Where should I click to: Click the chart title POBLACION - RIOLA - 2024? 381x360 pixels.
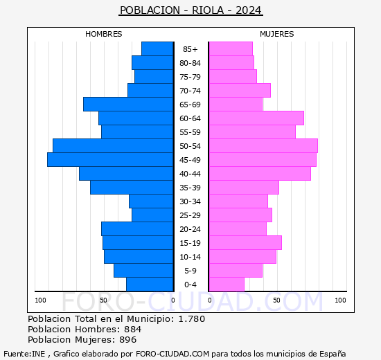pyautogui.click(x=190, y=10)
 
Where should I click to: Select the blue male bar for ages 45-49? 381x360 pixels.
pyautogui.click(x=110, y=159)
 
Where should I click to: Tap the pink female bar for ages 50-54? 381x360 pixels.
pyautogui.click(x=263, y=145)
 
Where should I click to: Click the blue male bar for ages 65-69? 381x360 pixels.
pyautogui.click(x=128, y=104)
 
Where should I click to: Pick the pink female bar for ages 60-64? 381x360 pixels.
pyautogui.click(x=256, y=118)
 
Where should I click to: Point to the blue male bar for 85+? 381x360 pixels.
pyautogui.click(x=157, y=48)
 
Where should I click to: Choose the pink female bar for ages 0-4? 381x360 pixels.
pyautogui.click(x=226, y=284)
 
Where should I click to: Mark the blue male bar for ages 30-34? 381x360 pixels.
pyautogui.click(x=151, y=201)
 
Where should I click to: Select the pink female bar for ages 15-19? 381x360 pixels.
pyautogui.click(x=245, y=242)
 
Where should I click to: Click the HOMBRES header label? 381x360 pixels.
pyautogui.click(x=104, y=34)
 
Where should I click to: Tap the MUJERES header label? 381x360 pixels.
pyautogui.click(x=277, y=34)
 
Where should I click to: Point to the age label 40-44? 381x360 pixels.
pyautogui.click(x=190, y=174)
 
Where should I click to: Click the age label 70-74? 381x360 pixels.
pyautogui.click(x=190, y=91)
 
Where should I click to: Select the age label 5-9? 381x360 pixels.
pyautogui.click(x=190, y=271)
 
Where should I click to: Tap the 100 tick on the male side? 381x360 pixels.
pyautogui.click(x=41, y=300)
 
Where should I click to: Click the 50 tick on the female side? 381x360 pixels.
pyautogui.click(x=276, y=300)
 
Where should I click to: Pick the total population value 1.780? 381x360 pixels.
pyautogui.click(x=193, y=318)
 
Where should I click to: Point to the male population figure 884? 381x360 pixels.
pyautogui.click(x=132, y=329)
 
